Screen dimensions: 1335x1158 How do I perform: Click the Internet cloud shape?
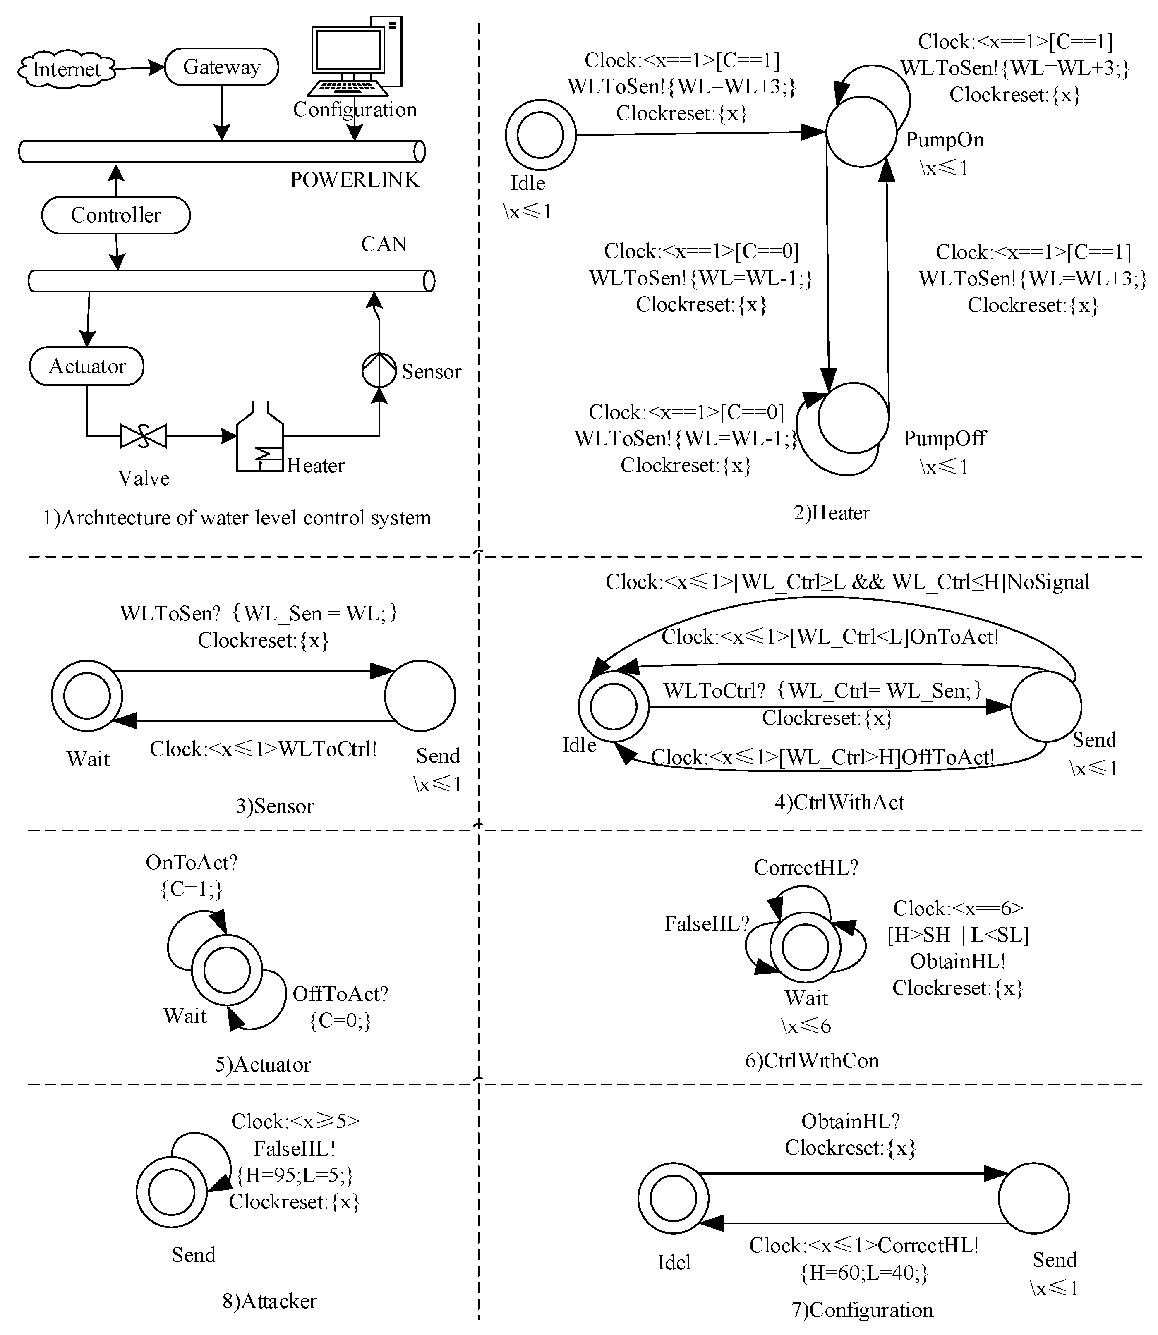point(67,69)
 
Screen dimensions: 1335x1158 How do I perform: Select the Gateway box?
point(222,67)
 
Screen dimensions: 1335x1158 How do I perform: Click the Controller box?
point(116,215)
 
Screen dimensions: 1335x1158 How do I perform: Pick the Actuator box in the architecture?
point(86,366)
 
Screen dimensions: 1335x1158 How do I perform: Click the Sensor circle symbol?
point(379,370)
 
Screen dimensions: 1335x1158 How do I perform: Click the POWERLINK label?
point(354,179)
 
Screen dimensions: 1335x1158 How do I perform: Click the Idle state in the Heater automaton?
point(540,134)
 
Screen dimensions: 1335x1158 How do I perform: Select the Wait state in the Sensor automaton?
point(86,696)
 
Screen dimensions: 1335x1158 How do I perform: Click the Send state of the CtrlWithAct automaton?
point(1045,706)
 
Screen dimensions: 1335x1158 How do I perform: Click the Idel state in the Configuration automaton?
point(673,1198)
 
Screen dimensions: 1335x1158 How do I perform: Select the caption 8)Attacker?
point(269,1301)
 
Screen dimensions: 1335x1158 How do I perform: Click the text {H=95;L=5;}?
point(295,1175)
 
